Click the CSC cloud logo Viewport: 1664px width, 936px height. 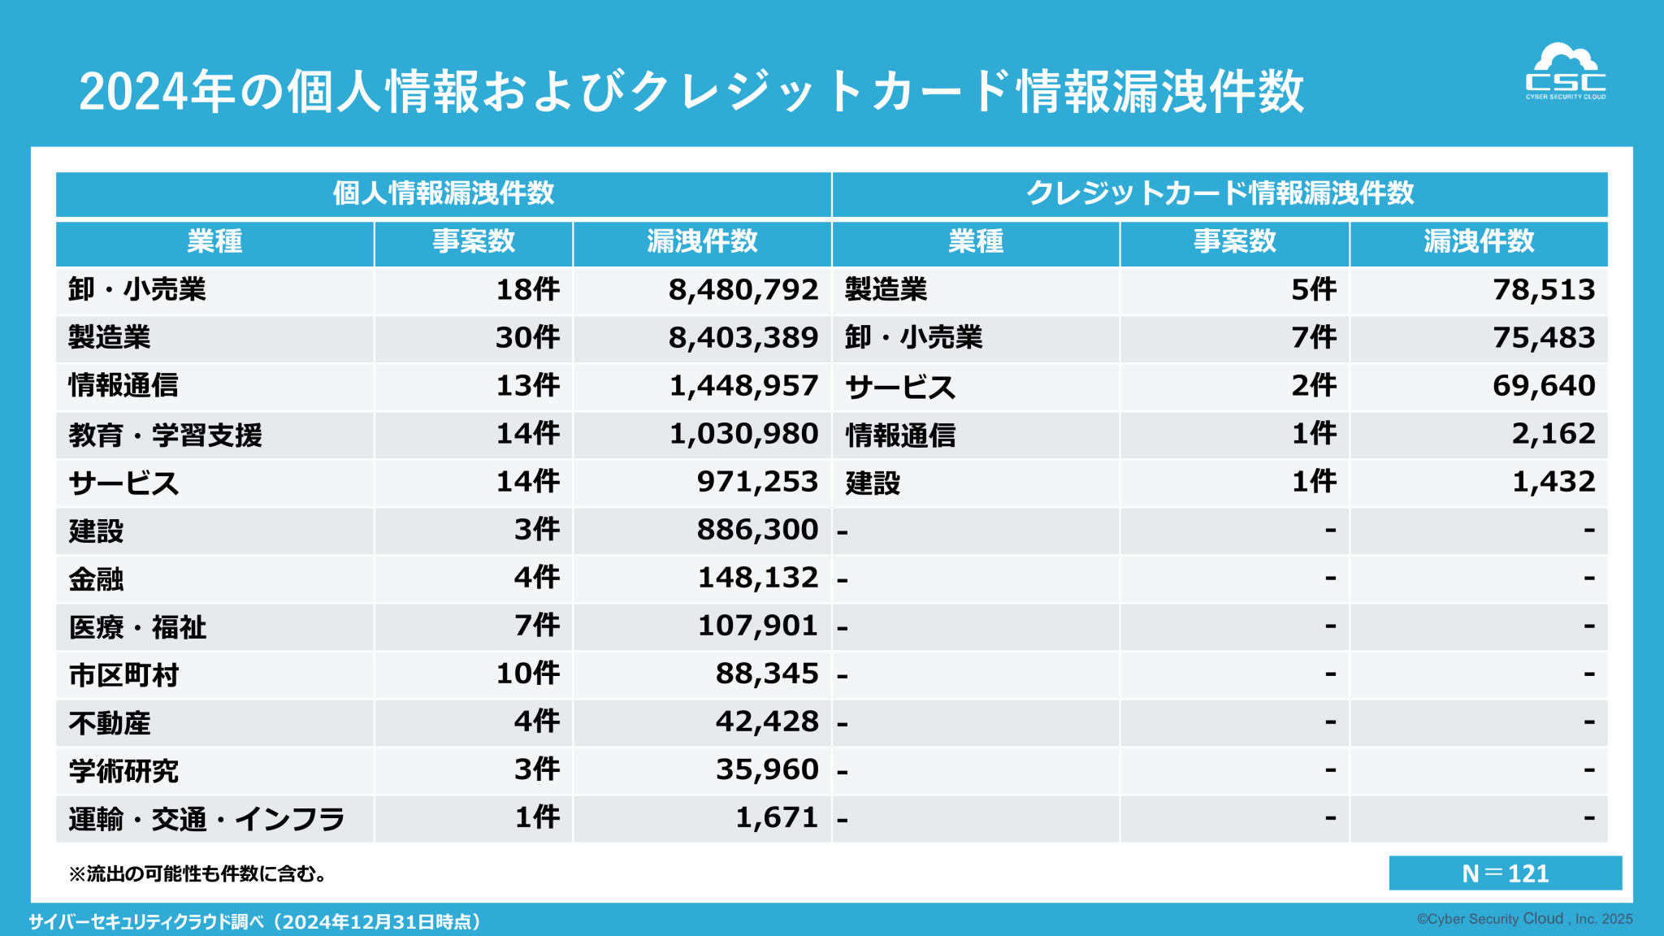[x=1565, y=71]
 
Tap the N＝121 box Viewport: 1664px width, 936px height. [x=1505, y=873]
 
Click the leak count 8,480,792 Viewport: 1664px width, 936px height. [x=743, y=290]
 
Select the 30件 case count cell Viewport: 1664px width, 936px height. [x=527, y=338]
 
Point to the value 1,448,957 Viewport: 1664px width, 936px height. [x=743, y=386]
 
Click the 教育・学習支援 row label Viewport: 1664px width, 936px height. [x=166, y=435]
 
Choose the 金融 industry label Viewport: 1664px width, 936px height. [x=96, y=579]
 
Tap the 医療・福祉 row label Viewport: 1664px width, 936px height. [x=137, y=627]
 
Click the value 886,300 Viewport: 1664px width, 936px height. [x=757, y=530]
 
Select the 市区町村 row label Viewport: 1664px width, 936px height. [x=123, y=675]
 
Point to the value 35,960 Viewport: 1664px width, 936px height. [x=766, y=769]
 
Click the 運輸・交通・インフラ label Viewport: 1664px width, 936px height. [x=206, y=819]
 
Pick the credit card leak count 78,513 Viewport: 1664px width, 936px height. [x=1544, y=290]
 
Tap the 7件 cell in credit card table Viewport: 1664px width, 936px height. [x=1313, y=338]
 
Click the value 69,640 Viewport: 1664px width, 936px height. [x=1544, y=386]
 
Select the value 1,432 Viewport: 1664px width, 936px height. [x=1553, y=482]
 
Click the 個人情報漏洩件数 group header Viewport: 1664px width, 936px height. [x=444, y=193]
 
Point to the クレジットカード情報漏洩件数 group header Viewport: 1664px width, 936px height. [x=1220, y=193]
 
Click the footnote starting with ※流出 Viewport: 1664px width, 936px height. [x=197, y=874]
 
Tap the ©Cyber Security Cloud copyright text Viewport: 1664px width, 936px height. [x=1524, y=919]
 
